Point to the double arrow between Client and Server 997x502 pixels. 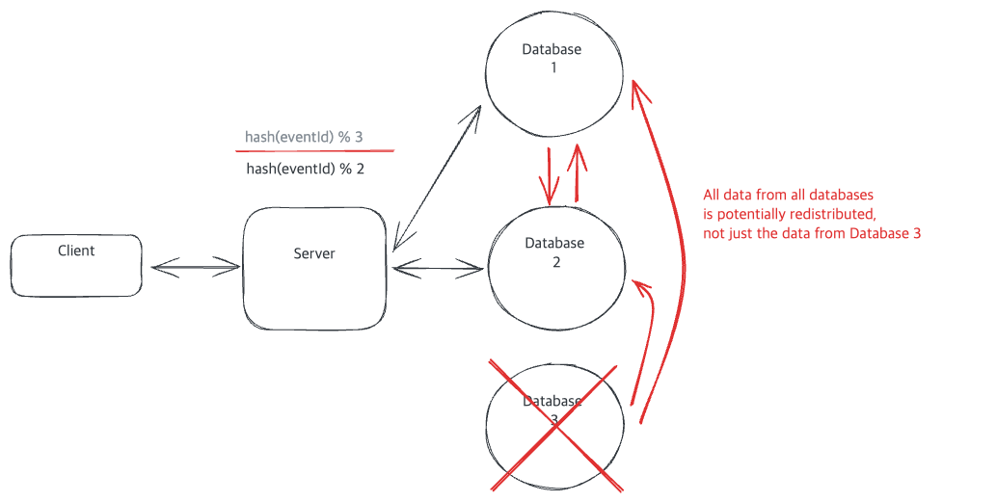196,267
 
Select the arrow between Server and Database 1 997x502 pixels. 436,178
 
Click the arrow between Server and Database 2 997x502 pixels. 438,269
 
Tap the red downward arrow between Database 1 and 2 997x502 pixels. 549,176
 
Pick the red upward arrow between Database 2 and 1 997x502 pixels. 578,172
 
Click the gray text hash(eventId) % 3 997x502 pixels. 304,137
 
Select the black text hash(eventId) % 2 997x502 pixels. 306,169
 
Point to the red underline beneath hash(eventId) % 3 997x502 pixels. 314,151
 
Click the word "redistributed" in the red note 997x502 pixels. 828,214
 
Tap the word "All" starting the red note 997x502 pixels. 712,195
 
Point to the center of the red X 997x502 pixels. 556,427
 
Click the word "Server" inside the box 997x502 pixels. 314,253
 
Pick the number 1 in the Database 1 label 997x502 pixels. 553,67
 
